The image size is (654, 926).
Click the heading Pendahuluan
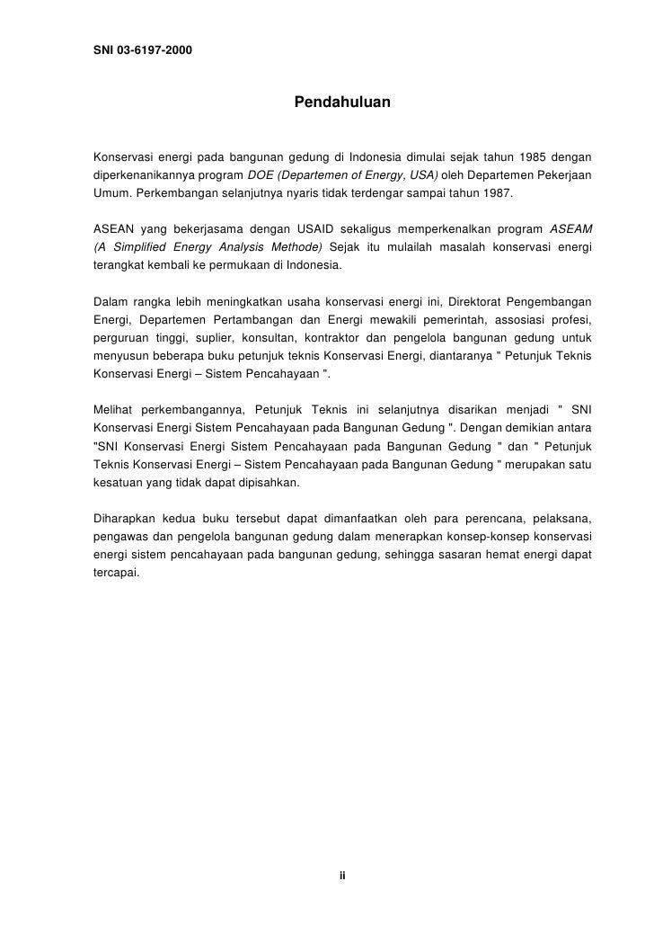(x=341, y=103)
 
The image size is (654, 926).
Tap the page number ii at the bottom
(x=341, y=876)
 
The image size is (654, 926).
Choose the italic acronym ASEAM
(x=570, y=230)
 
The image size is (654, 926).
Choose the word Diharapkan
(x=126, y=517)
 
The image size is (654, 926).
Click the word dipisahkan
(x=270, y=482)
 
